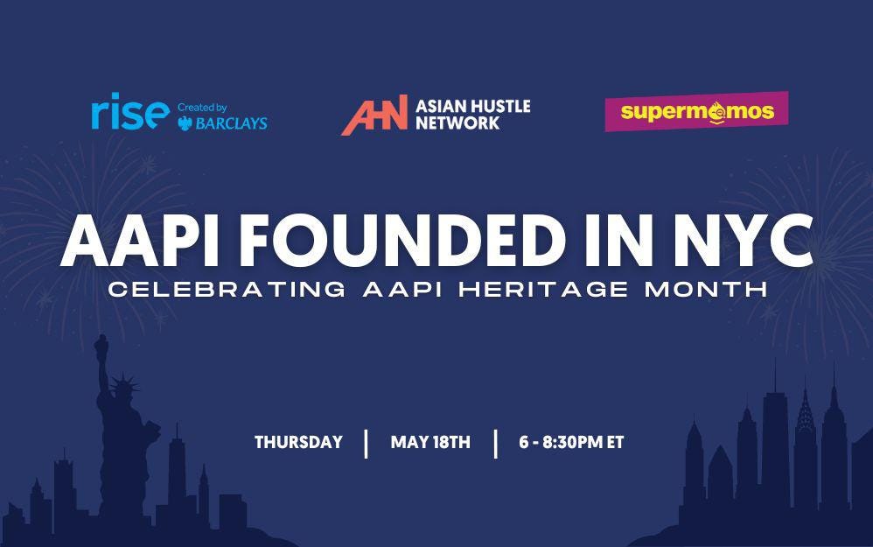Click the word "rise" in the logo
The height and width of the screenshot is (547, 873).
[129, 114]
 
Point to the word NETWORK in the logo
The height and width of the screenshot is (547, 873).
[457, 123]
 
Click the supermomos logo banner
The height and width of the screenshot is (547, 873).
[696, 111]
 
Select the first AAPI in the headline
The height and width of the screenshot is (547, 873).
[135, 242]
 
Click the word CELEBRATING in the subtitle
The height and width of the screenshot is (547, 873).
[227, 290]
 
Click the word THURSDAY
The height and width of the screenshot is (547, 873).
[298, 442]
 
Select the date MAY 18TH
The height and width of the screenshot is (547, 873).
[430, 442]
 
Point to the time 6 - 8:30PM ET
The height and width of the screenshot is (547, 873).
[571, 442]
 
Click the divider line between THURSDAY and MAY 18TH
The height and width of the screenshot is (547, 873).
[367, 443]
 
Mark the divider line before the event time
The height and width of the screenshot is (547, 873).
[495, 443]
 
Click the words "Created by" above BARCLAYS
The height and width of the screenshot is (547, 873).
[202, 108]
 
